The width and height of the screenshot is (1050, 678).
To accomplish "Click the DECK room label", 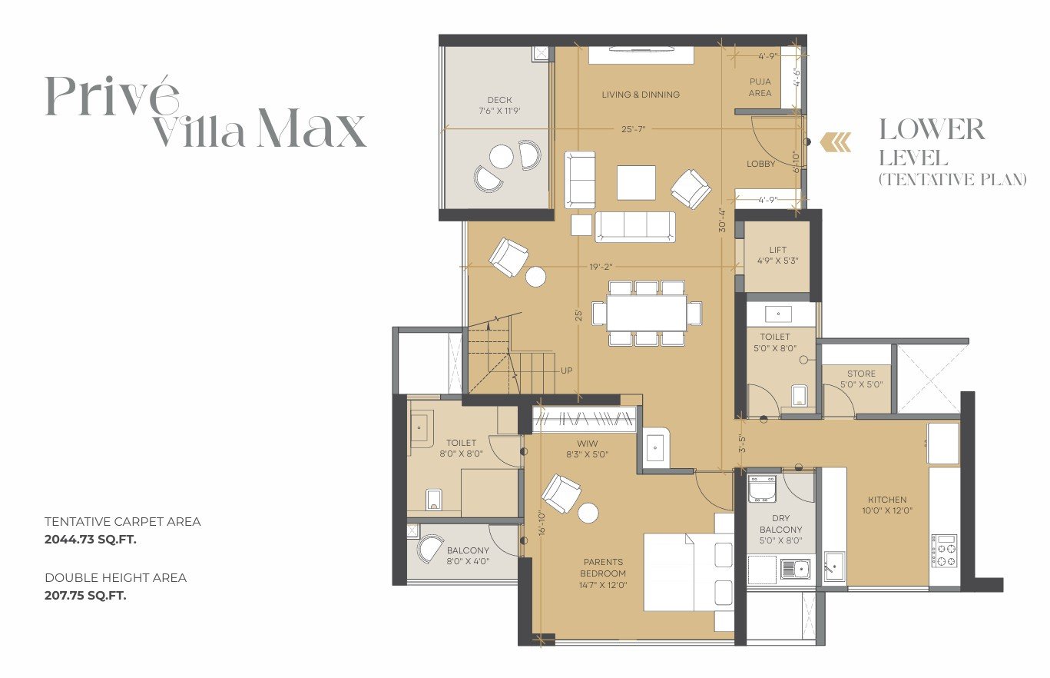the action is [x=500, y=100].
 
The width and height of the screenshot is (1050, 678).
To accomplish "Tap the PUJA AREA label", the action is [x=760, y=88].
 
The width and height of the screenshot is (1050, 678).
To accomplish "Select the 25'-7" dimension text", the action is [x=633, y=128].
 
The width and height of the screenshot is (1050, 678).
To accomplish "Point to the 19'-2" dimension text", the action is [x=601, y=267].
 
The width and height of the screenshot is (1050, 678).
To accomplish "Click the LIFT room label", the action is [x=777, y=250].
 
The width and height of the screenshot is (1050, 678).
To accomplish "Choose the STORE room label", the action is [x=861, y=374].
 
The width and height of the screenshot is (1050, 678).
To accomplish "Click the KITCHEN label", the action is [x=887, y=500].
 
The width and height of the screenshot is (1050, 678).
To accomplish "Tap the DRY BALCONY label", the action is [x=780, y=523].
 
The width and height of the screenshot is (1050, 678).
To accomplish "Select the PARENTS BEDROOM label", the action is [x=603, y=567].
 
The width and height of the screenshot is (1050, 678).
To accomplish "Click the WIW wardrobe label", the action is [x=587, y=443].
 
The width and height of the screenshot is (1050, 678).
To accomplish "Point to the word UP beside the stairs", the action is [x=566, y=371].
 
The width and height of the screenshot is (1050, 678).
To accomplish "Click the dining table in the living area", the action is [x=647, y=313].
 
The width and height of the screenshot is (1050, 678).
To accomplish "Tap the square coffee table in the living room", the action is [x=636, y=182].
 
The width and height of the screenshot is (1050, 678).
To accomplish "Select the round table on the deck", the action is [x=501, y=157].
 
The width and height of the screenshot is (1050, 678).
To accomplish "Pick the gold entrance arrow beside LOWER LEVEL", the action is [x=836, y=142].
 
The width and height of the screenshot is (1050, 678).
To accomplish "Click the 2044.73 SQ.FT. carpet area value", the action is [x=91, y=540].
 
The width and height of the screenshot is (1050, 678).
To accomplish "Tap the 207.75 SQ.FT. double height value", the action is [x=85, y=596].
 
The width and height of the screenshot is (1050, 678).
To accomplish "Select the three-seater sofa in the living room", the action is [x=635, y=227].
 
